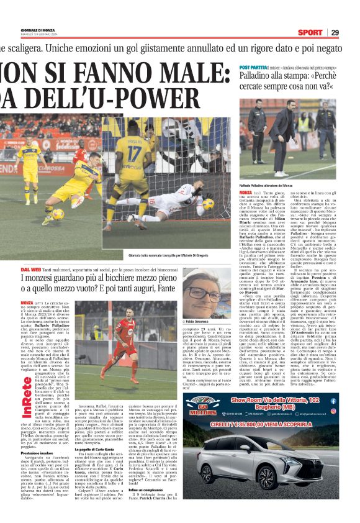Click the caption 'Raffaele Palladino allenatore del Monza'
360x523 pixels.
[x=266, y=186]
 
